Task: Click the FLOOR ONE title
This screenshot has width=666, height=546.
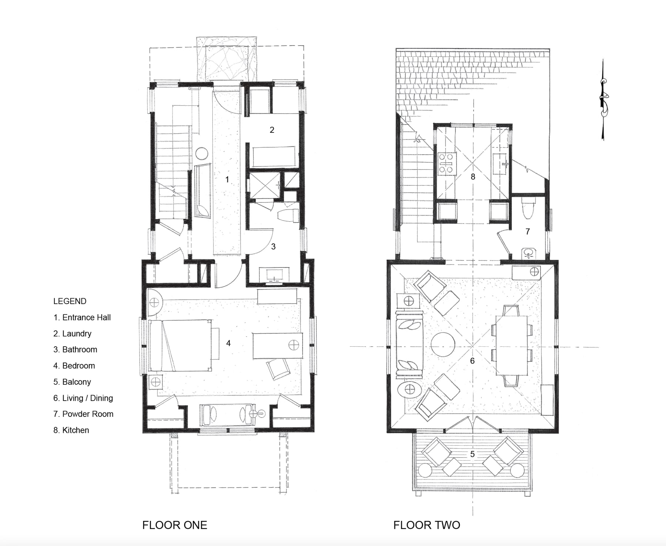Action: tap(175, 525)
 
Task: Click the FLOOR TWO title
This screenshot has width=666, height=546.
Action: tap(427, 525)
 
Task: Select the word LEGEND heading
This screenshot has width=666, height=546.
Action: tap(70, 301)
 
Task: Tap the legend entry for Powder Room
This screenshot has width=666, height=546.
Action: tap(83, 414)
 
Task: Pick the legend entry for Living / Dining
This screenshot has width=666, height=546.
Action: tap(83, 398)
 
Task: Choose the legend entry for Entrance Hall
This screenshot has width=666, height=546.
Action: tap(82, 317)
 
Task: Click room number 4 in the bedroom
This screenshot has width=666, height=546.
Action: tap(228, 343)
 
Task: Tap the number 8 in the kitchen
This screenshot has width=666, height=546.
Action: tap(473, 177)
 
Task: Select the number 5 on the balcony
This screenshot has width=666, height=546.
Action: tap(472, 454)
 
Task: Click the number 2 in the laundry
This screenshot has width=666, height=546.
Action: tap(272, 130)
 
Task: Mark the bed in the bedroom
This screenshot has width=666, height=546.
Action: tap(180, 346)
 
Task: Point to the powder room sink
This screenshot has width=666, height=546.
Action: tap(530, 253)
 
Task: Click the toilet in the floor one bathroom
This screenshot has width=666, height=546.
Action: tap(288, 216)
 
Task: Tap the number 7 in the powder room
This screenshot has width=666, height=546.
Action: tap(528, 232)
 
